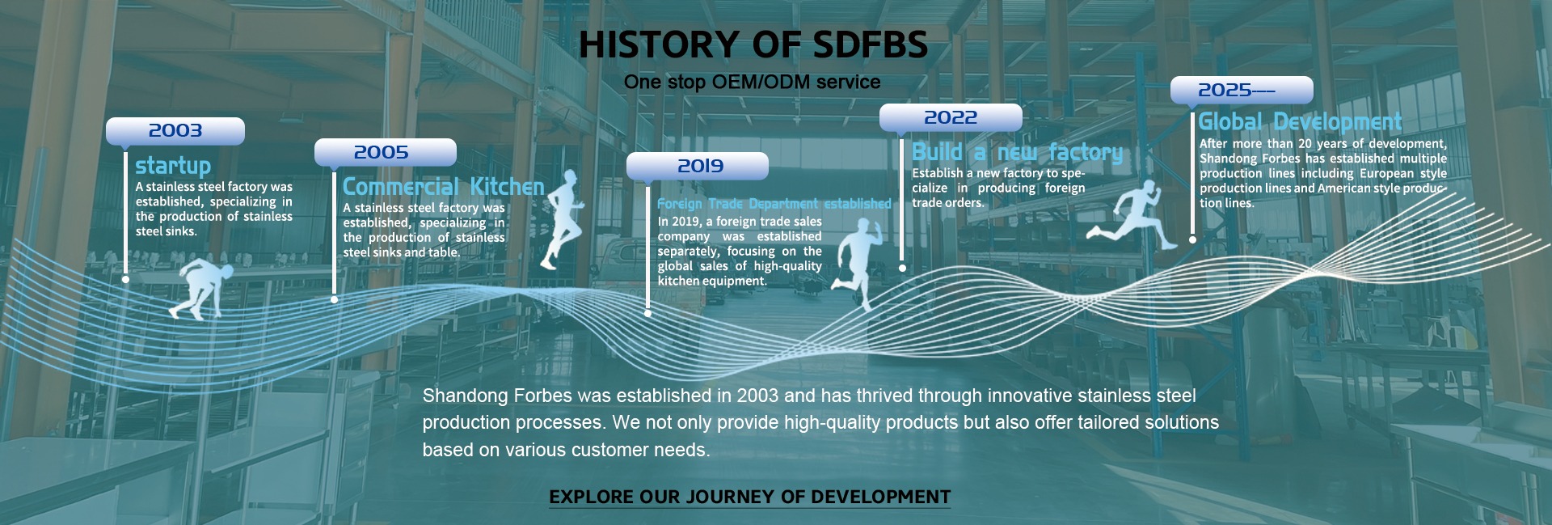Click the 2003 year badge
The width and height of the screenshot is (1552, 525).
175,131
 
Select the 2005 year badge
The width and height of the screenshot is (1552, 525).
386,152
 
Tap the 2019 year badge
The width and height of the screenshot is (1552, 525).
698,166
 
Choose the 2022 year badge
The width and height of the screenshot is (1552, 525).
951,117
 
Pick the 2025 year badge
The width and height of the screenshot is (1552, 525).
1242,90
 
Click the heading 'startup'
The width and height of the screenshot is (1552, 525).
173,167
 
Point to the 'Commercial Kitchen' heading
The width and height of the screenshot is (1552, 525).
444,187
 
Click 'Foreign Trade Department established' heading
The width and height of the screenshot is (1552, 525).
774,204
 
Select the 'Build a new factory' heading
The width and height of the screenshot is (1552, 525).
1017,152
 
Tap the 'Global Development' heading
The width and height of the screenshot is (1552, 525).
1300,122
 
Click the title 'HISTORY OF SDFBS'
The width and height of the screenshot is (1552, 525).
753,45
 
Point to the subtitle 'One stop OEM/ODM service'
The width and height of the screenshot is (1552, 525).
752,83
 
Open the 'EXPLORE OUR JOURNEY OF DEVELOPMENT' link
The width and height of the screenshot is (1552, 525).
750,497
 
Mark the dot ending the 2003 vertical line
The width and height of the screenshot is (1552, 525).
125,279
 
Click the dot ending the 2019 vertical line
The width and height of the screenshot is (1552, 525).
647,313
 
